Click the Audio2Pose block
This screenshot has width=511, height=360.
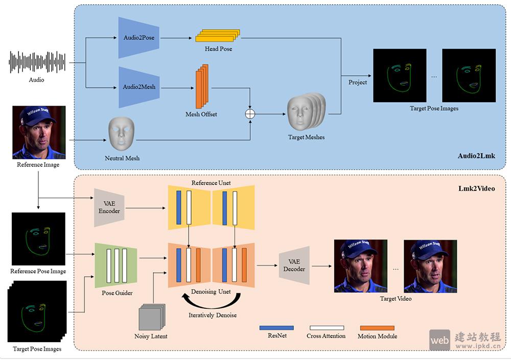coord(138,38)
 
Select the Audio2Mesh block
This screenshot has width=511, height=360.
coord(138,87)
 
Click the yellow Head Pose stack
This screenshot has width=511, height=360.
coord(217,36)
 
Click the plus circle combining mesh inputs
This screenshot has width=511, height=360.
coord(250,114)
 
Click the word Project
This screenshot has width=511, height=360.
coord(358,82)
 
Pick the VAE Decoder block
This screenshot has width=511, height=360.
coord(294,266)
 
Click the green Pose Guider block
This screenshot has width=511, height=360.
coord(116,266)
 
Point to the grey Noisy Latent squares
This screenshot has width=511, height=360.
coord(152,318)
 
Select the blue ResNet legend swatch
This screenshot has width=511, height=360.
coord(276,328)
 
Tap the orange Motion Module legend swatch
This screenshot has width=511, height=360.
coord(377,328)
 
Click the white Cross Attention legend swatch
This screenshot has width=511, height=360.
coord(327,328)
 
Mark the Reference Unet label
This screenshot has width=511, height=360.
coord(211,183)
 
